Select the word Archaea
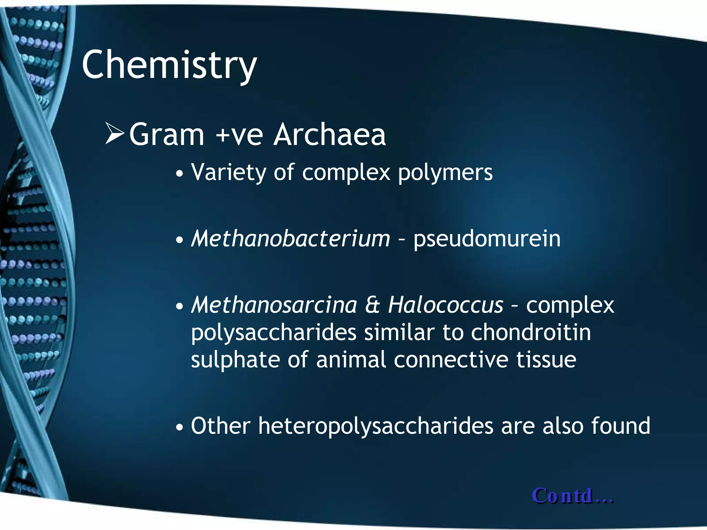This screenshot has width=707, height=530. tap(329, 135)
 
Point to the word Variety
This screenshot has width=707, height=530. tap(228, 173)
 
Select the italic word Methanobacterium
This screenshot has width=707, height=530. tap(290, 239)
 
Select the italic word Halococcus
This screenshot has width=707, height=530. tap(445, 305)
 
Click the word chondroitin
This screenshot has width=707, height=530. tap(531, 333)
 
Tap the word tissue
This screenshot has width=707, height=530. tap(546, 360)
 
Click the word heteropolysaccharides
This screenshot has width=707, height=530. tap(376, 426)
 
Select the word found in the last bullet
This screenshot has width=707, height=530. tap(620, 426)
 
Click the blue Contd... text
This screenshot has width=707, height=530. tap(572, 496)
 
